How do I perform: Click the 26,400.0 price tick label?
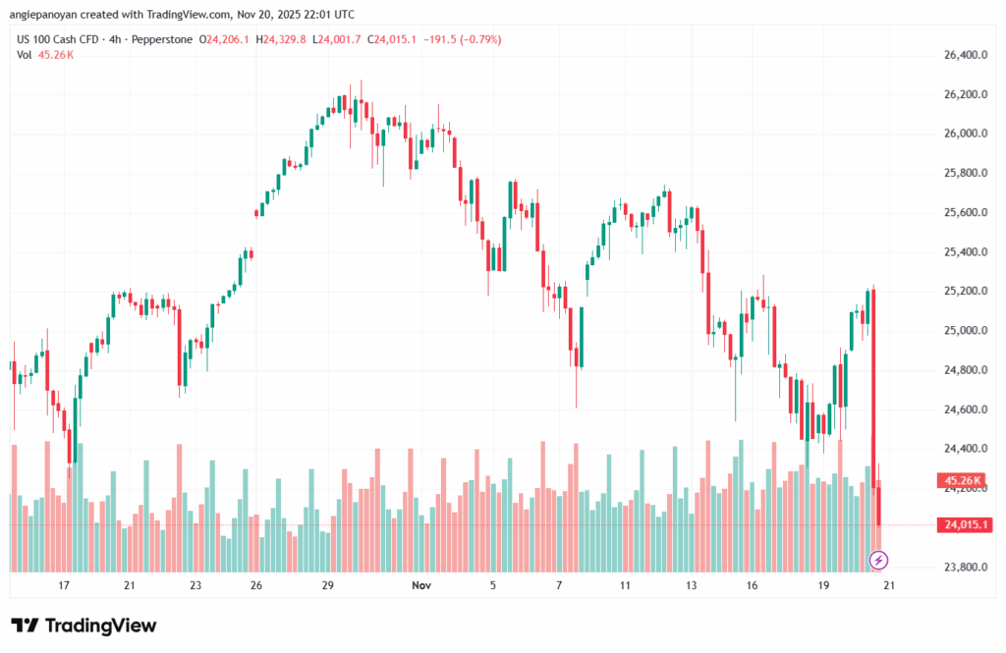tap(960, 55)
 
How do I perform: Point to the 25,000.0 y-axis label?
tap(960, 331)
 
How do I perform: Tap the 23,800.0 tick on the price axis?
tap(960, 568)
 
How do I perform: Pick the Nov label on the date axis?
tap(421, 585)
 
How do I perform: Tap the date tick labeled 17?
tap(64, 585)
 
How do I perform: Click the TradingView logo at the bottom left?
tap(84, 626)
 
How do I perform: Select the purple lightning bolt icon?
tap(878, 561)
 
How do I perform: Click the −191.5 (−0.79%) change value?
tap(462, 39)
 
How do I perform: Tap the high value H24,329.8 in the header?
tap(280, 39)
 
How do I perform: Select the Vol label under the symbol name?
tap(25, 55)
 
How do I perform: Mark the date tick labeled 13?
tap(691, 585)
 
